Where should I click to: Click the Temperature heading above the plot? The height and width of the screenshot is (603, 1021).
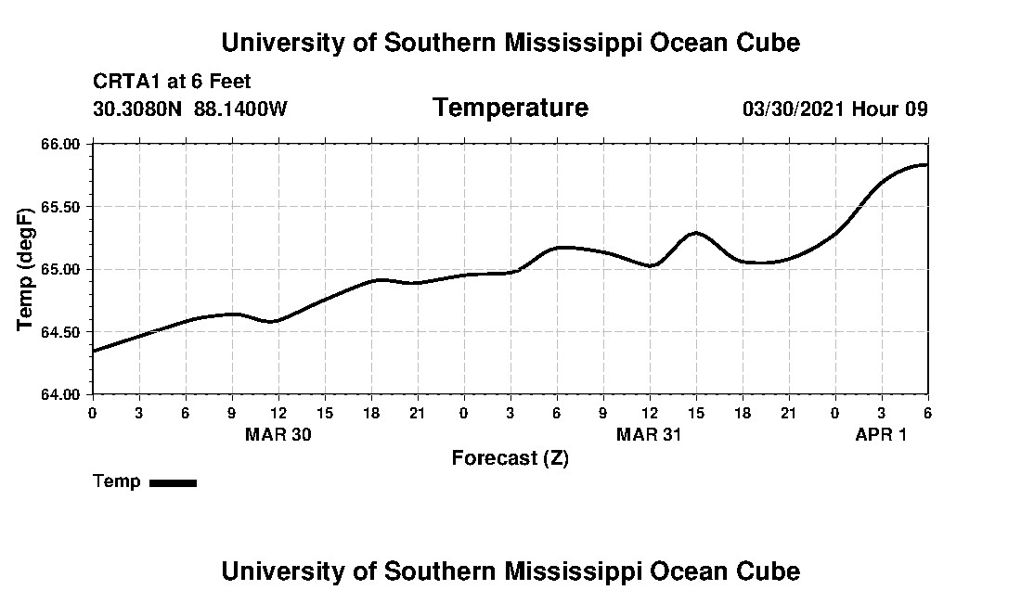(510, 108)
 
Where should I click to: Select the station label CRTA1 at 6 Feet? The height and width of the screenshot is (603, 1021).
(172, 82)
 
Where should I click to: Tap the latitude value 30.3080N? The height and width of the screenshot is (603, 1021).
(137, 109)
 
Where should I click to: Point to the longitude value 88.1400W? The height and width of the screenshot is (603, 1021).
(240, 109)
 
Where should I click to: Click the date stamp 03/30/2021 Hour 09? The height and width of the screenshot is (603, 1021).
(834, 109)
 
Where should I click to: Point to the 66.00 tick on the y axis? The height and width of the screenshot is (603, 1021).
(60, 144)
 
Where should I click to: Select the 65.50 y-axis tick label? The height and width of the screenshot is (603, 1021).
(60, 207)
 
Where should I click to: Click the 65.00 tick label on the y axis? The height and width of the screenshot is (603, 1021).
(60, 269)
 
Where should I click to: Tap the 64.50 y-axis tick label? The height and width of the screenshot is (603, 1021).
(60, 332)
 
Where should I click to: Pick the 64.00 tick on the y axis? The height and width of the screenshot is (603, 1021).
(60, 394)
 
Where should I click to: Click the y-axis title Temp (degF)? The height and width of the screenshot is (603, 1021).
(25, 269)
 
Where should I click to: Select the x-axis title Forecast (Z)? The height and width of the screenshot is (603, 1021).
(510, 458)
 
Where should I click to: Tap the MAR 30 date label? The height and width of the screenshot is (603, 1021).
(278, 434)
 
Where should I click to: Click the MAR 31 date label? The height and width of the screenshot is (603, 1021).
(649, 434)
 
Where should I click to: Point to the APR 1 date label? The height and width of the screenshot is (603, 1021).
(881, 434)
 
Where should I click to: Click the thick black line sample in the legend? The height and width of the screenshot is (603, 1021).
(174, 482)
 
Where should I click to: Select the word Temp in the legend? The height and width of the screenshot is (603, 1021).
(117, 481)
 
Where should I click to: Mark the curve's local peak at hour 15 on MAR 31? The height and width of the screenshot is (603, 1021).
(696, 232)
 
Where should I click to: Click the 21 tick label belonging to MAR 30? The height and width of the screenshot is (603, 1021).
(417, 413)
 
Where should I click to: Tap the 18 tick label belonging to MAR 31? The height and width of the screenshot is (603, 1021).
(743, 413)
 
